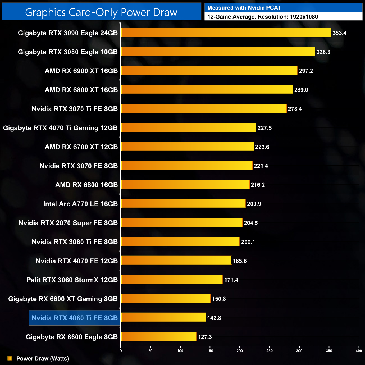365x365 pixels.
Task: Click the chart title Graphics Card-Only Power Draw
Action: point(101,12)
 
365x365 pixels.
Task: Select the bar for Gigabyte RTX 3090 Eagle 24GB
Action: point(226,33)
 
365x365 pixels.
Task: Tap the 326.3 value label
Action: point(323,52)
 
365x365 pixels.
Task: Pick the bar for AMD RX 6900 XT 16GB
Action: point(209,71)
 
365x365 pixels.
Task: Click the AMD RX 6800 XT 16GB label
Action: point(81,90)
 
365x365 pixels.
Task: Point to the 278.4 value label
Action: point(295,109)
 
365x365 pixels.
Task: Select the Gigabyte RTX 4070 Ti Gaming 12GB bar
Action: point(188,128)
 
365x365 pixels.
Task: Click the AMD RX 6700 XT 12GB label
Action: point(81,147)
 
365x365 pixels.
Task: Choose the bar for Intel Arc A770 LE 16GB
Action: point(183,204)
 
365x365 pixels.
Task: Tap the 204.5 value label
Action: point(251,223)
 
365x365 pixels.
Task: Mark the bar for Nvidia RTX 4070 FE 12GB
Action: point(176,261)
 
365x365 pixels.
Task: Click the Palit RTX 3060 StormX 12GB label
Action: point(72,280)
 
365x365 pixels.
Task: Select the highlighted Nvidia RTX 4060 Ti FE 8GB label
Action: point(75,318)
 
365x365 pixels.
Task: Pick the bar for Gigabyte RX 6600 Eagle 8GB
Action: point(159,337)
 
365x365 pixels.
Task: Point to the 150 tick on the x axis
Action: point(210,351)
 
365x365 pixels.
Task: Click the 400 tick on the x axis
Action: point(359,351)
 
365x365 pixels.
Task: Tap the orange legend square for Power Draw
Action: point(10,358)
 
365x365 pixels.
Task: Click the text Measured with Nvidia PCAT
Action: point(244,8)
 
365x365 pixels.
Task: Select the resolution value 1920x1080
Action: point(304,17)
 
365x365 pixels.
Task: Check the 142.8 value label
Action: point(214,318)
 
